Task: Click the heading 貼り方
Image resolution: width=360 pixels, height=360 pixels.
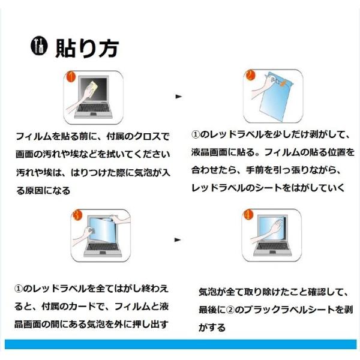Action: coord(87,48)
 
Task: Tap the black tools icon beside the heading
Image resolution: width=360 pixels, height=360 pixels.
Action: coord(39,46)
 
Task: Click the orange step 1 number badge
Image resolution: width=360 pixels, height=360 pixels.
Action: coord(70,76)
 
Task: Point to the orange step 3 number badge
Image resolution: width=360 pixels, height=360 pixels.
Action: coord(77,215)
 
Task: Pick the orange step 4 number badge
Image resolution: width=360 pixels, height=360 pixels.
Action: coord(248,215)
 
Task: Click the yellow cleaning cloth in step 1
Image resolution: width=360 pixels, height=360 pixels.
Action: coord(93,86)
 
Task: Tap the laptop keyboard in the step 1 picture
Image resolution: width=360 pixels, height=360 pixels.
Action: coord(94,108)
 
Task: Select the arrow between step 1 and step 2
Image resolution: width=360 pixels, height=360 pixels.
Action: coord(179,97)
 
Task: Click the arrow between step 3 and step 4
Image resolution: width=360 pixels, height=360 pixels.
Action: coord(178,240)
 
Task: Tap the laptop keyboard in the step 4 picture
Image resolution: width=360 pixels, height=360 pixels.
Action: coord(272,247)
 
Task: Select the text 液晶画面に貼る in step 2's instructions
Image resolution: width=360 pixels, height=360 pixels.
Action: coord(223,152)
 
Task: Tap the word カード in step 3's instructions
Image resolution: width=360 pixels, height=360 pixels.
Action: coord(82,306)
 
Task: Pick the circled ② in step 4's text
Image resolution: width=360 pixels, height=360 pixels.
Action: coord(230,310)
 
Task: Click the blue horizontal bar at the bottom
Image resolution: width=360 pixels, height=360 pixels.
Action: coord(181,344)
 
